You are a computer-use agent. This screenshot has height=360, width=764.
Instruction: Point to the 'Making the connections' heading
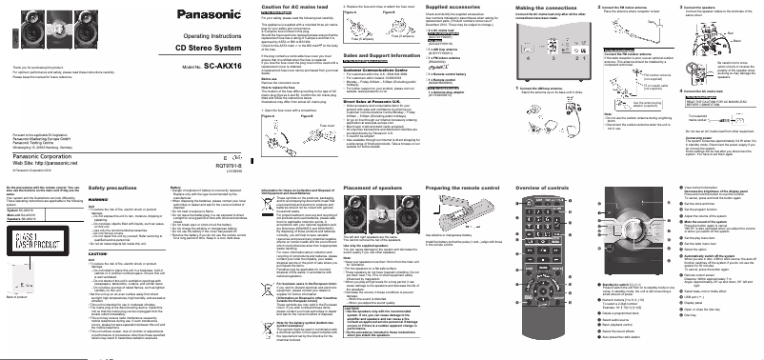point(525,8)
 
